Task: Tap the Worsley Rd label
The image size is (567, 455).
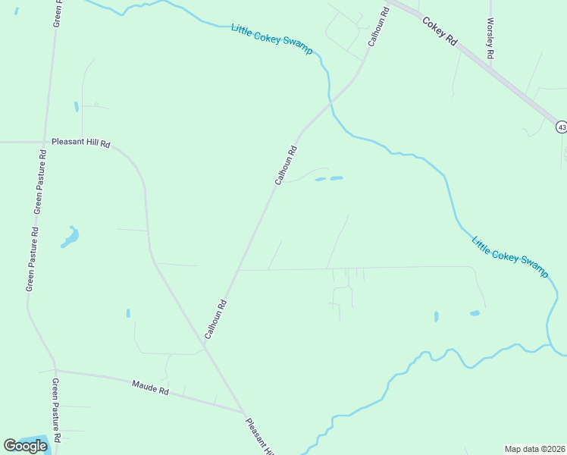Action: tap(491, 39)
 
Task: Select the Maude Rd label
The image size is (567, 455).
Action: tap(149, 388)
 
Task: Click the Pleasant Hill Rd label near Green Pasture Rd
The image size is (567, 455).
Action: tap(81, 143)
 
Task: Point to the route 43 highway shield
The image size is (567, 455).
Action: tap(561, 127)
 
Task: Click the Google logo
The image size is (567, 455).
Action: tap(25, 446)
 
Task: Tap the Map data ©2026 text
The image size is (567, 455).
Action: tap(535, 449)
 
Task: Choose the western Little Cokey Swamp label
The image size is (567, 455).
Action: tap(271, 39)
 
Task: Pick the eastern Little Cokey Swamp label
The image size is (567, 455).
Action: tap(509, 257)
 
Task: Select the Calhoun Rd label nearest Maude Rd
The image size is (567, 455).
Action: tap(215, 319)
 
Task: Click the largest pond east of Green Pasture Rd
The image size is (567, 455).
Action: tap(70, 238)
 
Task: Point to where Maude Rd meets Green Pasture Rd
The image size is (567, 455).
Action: tap(55, 371)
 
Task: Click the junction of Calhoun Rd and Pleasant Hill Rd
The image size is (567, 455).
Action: tap(203, 348)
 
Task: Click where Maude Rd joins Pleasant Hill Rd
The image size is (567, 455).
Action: tap(243, 412)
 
